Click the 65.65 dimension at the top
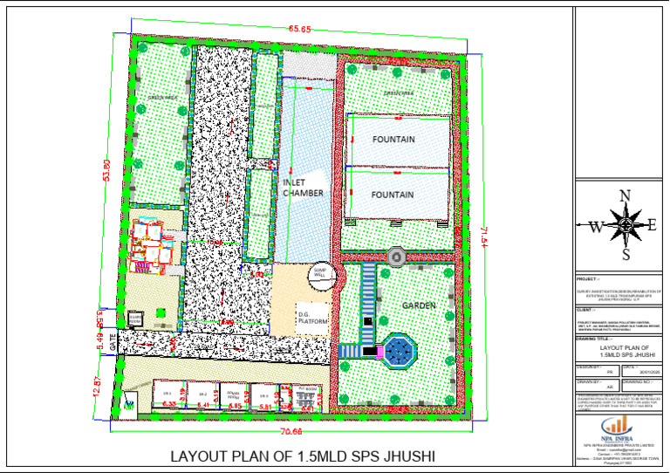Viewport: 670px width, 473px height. tap(300, 29)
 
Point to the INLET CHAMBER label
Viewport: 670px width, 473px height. tap(304, 188)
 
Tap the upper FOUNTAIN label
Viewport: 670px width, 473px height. tap(393, 140)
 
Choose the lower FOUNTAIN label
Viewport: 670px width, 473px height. tap(393, 195)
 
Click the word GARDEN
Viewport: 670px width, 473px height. tap(419, 305)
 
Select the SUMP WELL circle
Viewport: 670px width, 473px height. tap(321, 274)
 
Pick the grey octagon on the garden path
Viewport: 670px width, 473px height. tap(395, 257)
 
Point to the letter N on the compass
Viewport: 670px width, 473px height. tap(625, 196)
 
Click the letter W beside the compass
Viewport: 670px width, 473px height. tap(596, 227)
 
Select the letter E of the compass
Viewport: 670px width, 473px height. tap(652, 225)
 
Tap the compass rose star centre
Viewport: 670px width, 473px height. tap(625, 225)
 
